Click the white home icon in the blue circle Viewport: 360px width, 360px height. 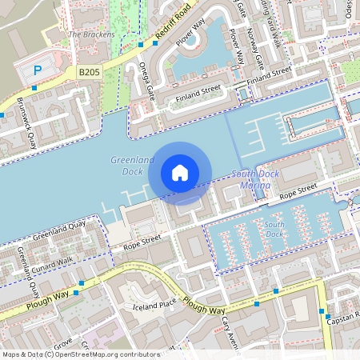(x=180, y=173)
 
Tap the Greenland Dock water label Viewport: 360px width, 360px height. (x=126, y=166)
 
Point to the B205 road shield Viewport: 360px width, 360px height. (x=89, y=72)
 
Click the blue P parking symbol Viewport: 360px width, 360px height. (x=37, y=72)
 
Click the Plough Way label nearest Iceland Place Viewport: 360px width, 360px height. (x=203, y=306)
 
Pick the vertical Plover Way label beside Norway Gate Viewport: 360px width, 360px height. (x=237, y=47)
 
